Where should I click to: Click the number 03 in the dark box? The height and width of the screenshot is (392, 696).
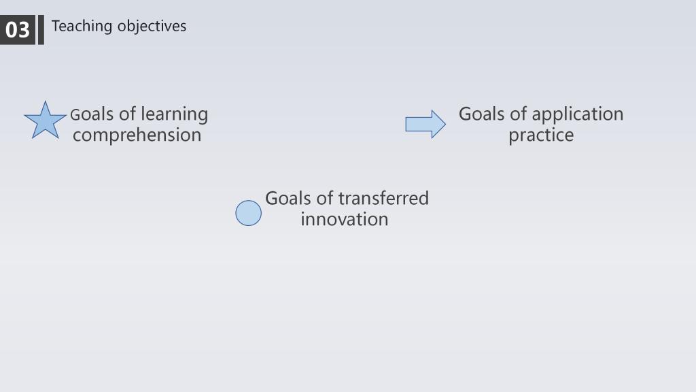tap(17, 30)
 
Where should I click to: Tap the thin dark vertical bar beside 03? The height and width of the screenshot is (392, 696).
tap(41, 30)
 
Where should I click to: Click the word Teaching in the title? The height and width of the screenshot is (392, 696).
tap(82, 27)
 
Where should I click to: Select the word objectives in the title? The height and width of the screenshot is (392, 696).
tap(152, 27)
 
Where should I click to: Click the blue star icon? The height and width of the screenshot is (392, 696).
tap(45, 120)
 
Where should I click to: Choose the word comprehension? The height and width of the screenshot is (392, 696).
tap(137, 135)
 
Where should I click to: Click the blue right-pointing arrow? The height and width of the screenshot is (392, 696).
tap(425, 124)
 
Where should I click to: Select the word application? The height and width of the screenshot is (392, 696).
tap(578, 114)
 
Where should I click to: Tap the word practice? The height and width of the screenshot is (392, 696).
tap(541, 135)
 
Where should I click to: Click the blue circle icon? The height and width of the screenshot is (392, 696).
tap(249, 213)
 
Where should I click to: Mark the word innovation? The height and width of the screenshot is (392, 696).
tap(345, 219)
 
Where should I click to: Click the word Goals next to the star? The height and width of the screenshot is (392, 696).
tap(92, 114)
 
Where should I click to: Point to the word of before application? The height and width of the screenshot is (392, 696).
tap(518, 114)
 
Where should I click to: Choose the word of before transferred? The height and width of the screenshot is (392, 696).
tap(324, 198)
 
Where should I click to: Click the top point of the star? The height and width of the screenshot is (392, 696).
tap(45, 101)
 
